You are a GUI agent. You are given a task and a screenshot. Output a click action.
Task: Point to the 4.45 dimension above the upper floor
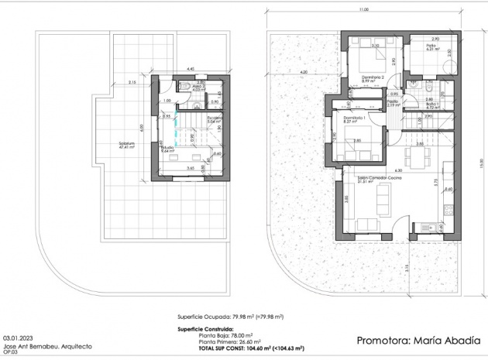point(190,68)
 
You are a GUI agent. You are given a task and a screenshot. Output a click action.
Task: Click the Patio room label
point(431,46)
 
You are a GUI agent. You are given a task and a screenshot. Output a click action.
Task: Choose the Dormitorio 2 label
point(374,67)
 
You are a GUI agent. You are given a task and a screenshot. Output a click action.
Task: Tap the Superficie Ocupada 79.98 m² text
point(230,317)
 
